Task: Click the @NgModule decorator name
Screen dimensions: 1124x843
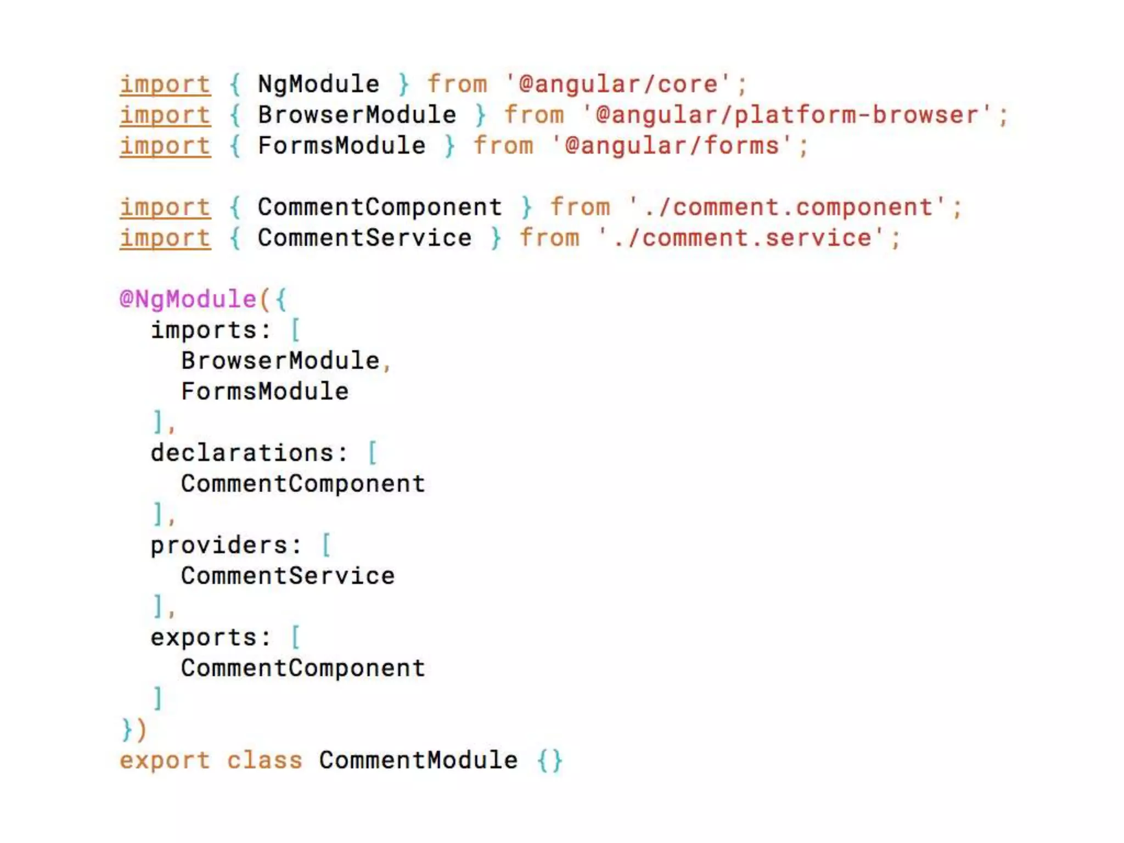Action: pyautogui.click(x=188, y=300)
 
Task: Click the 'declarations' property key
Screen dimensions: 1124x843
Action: pyautogui.click(x=242, y=453)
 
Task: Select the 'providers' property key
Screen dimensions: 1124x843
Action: pyautogui.click(x=219, y=546)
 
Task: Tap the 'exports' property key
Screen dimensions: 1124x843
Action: pyautogui.click(x=204, y=638)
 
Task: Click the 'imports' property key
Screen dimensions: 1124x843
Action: pyautogui.click(x=204, y=330)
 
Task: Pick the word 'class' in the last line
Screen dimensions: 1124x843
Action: pyautogui.click(x=265, y=761)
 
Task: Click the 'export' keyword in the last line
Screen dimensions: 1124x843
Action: pyautogui.click(x=165, y=761)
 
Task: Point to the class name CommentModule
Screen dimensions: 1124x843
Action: pyautogui.click(x=418, y=761)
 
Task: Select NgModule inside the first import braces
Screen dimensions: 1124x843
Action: pyautogui.click(x=318, y=85)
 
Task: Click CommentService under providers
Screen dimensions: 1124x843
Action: pyautogui.click(x=288, y=576)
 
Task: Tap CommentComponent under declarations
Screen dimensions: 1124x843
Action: pyautogui.click(x=303, y=484)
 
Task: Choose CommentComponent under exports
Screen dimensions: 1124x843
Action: pyautogui.click(x=303, y=668)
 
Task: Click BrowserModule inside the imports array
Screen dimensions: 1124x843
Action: pyautogui.click(x=280, y=361)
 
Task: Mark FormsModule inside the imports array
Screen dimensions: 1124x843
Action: pyautogui.click(x=265, y=392)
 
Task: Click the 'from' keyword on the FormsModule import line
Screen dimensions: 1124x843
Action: pyautogui.click(x=503, y=146)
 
